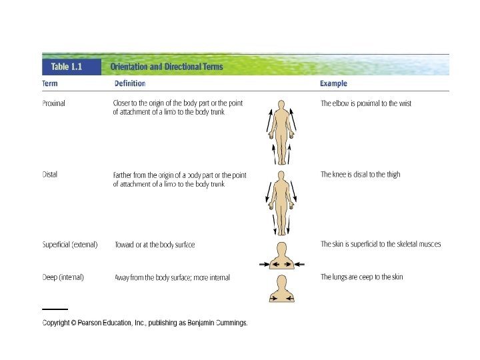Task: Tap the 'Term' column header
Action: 49,84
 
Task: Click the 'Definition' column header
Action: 130,84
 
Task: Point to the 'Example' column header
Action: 333,84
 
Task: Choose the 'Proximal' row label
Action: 53,103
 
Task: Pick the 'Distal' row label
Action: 49,175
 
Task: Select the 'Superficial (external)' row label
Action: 70,245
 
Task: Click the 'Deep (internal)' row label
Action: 63,277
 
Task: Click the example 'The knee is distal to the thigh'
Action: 361,175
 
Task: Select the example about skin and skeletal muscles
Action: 381,245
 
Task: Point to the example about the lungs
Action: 362,277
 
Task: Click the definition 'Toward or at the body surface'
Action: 155,245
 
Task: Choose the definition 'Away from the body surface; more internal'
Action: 172,278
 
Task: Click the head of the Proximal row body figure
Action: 281,105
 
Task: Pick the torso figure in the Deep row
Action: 281,291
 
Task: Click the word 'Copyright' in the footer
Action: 58,323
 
